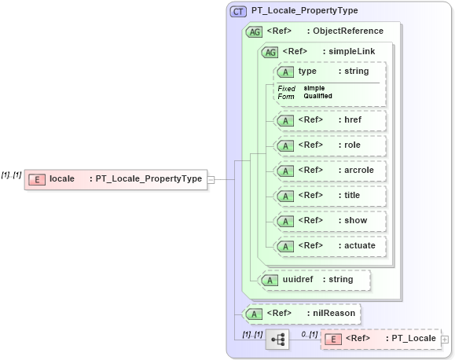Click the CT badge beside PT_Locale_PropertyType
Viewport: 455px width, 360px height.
click(x=238, y=11)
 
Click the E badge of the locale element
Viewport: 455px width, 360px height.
click(x=36, y=179)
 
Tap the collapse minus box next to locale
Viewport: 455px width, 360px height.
click(x=211, y=179)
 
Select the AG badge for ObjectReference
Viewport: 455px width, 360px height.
click(x=255, y=31)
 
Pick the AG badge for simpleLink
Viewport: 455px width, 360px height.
click(x=270, y=52)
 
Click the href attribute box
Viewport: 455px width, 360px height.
click(x=329, y=120)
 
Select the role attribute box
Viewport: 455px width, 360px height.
click(x=329, y=145)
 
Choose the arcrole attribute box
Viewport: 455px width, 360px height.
click(x=329, y=171)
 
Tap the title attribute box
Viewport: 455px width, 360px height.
click(x=329, y=196)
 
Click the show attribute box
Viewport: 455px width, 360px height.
click(x=329, y=221)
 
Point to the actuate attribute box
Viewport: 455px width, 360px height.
click(x=329, y=246)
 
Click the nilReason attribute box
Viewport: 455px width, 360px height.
click(x=302, y=314)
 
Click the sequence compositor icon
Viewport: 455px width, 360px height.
click(x=277, y=340)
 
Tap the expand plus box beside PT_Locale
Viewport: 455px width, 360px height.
click(x=445, y=340)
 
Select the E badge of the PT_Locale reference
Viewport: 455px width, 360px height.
click(x=333, y=339)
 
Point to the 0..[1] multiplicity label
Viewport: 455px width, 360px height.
click(x=309, y=333)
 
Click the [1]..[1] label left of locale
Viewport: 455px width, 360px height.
click(x=11, y=174)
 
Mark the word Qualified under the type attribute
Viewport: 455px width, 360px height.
click(x=317, y=96)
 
